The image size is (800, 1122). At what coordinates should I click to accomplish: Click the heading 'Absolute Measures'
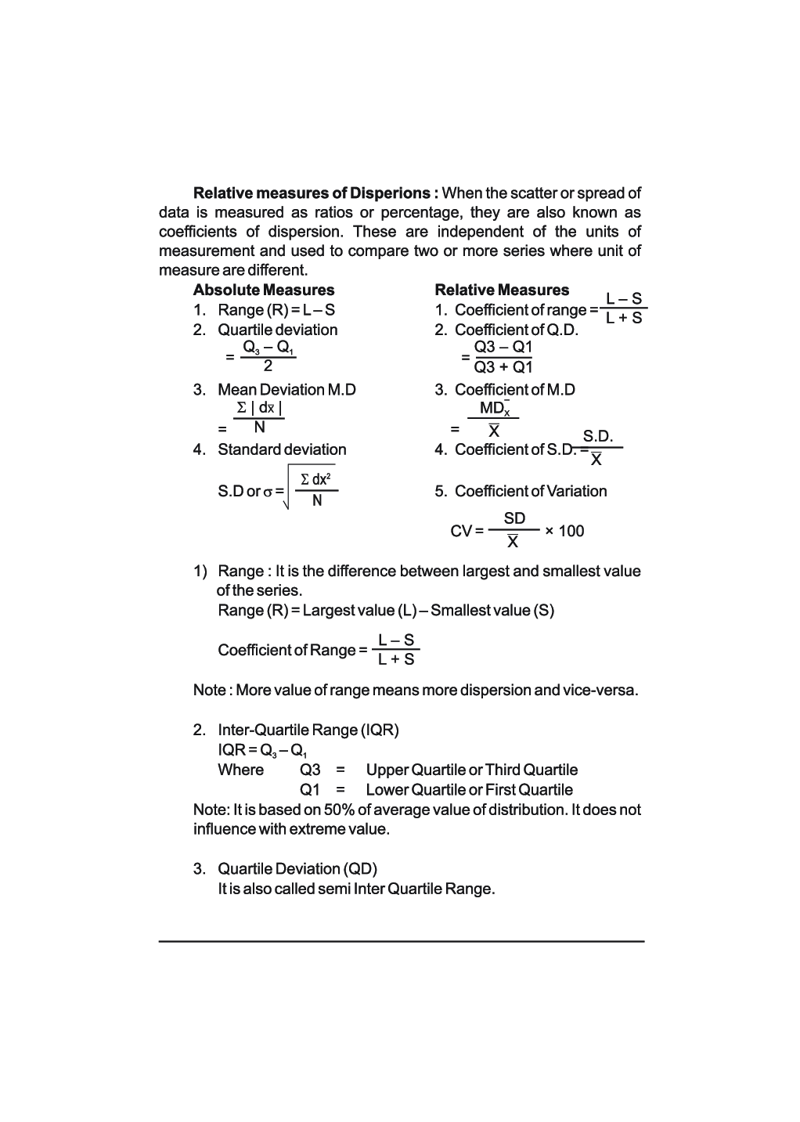tap(264, 290)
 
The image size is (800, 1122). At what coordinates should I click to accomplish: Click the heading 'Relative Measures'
tap(502, 290)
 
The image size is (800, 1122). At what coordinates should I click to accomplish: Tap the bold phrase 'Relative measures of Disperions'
tap(312, 193)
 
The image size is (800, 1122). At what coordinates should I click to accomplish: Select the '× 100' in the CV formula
tap(564, 532)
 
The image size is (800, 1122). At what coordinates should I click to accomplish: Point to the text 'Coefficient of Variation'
tap(531, 492)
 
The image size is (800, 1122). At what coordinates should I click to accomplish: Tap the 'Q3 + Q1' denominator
tap(503, 367)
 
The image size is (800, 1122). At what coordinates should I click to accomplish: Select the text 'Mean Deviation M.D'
tap(286, 390)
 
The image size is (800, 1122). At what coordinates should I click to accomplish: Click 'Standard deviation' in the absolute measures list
tap(282, 450)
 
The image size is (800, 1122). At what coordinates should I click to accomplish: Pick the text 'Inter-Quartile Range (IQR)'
tap(308, 731)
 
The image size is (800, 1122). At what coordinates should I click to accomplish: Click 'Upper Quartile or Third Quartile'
tap(471, 770)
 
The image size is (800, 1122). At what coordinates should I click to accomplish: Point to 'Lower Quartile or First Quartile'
tap(469, 790)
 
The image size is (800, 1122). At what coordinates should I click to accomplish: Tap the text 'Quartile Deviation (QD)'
tap(297, 869)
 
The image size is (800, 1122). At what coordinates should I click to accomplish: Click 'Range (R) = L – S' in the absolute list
tap(276, 310)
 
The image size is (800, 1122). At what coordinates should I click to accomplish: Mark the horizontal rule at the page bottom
tap(401, 941)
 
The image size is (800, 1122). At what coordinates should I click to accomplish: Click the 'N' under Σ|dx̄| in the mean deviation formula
tap(259, 428)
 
